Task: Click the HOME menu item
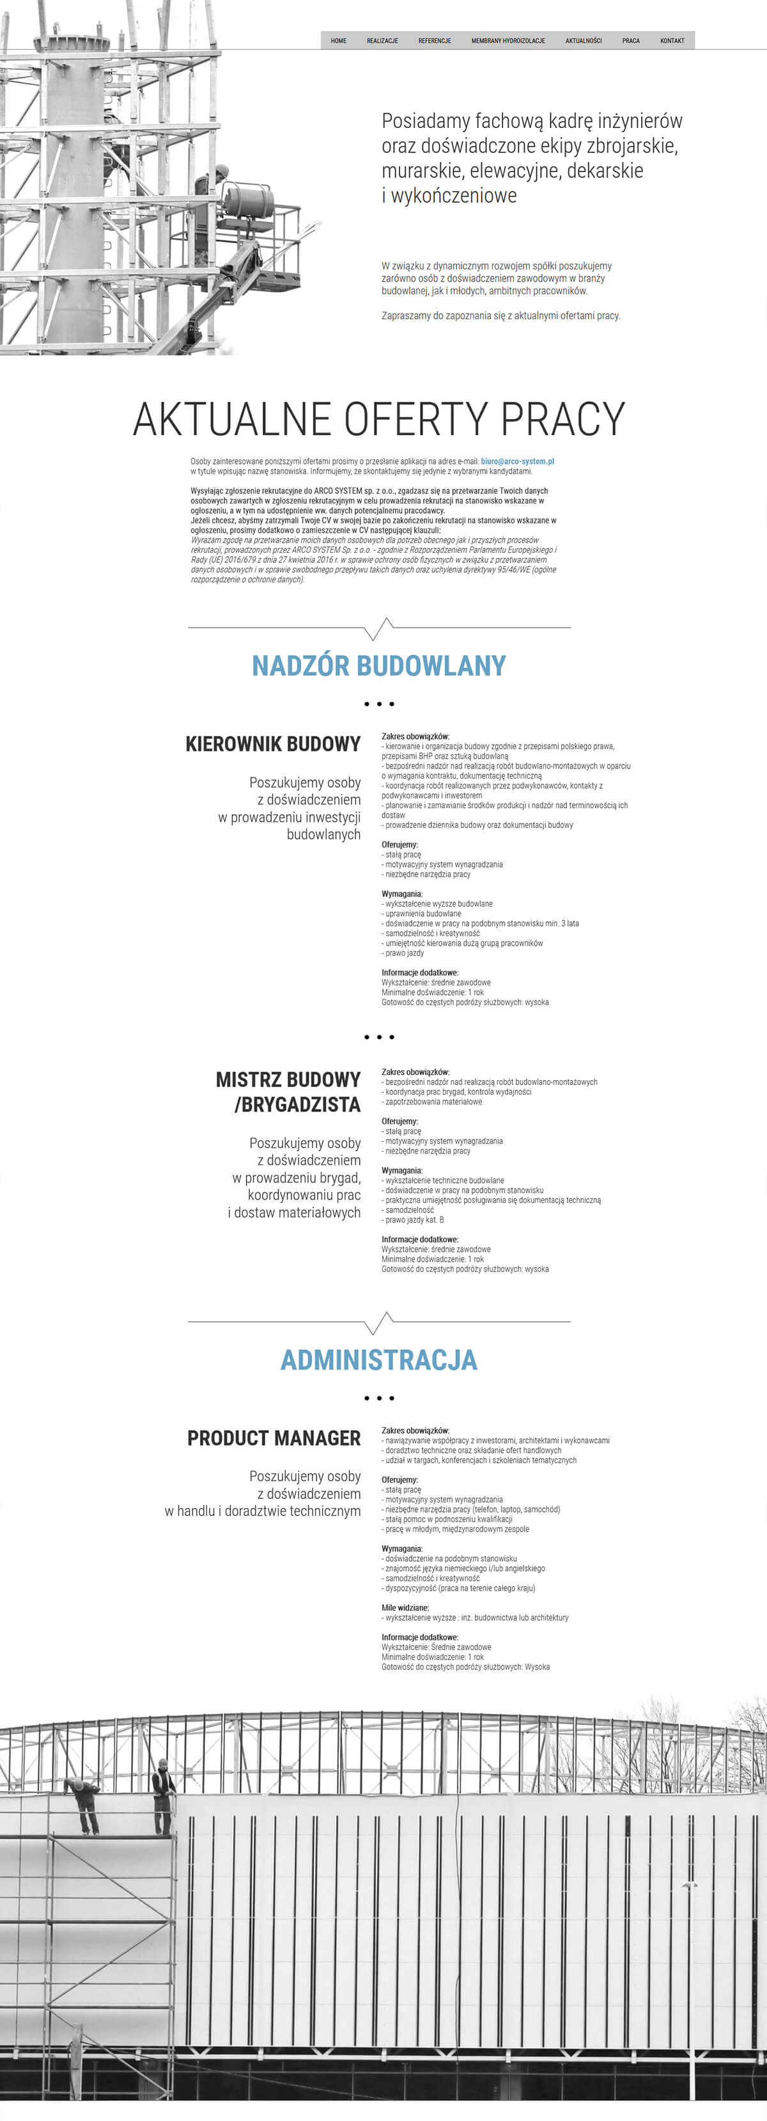coord(338,40)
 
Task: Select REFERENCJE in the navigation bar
coord(435,40)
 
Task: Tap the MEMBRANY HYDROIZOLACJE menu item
coord(507,40)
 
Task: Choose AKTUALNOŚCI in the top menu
coord(584,40)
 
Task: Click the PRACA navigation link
coord(631,40)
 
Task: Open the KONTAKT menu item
coord(672,40)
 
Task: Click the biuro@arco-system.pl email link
coord(517,461)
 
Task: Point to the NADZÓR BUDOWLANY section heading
coord(378,665)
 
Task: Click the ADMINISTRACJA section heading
coord(378,1360)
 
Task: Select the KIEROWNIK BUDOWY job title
coord(273,744)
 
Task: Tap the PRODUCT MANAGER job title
coord(274,1438)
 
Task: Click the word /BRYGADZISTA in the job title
coord(297,1105)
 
